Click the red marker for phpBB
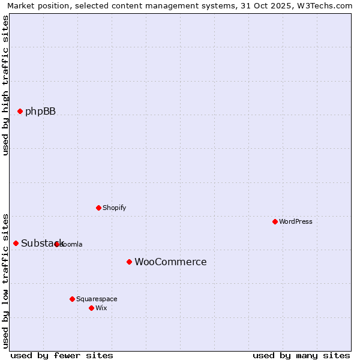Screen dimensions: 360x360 20,111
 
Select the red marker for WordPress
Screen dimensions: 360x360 275,221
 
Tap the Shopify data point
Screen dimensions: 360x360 98,208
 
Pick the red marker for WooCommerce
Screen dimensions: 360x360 129,262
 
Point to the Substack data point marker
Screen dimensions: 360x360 16,243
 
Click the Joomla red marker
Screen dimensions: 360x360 56,244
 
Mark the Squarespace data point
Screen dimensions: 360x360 72,299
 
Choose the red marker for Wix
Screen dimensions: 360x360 91,308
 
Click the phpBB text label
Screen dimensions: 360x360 40,111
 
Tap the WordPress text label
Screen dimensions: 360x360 296,221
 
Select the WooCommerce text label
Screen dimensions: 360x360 170,262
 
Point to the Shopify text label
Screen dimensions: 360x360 114,208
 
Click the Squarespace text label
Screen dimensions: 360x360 97,299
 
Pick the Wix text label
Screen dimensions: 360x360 101,308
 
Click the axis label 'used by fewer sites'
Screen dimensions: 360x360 62,355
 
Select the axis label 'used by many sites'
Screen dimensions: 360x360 301,355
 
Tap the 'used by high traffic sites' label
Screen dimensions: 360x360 5,85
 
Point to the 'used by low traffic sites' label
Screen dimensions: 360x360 5,280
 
